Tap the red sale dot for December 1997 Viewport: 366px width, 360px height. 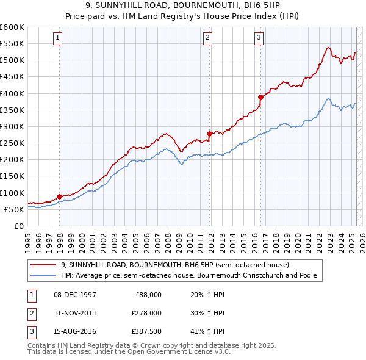[x=59, y=196]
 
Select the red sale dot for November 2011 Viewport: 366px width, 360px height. [x=209, y=134]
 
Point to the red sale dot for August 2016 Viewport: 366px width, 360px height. [x=260, y=97]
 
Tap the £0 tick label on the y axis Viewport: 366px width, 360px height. [x=18, y=226]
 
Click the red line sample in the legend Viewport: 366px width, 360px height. [x=43, y=265]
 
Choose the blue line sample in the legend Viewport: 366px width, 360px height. [x=43, y=276]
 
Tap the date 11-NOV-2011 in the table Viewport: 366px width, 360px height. [x=74, y=313]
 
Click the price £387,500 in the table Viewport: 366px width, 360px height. [x=146, y=331]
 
